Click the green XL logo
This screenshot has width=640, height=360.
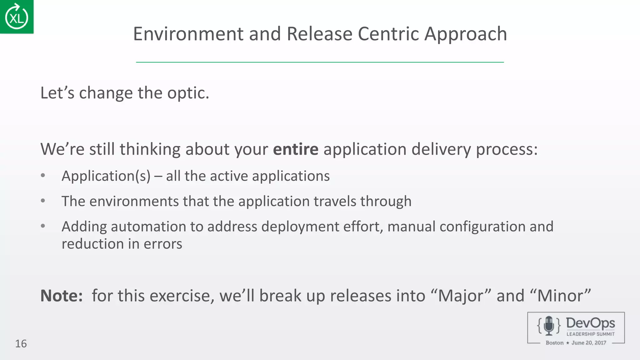coord(17,17)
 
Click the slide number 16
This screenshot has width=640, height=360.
coord(21,344)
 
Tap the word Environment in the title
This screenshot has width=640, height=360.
coord(188,34)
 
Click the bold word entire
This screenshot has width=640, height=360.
coord(295,149)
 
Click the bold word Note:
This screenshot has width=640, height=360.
coord(62,296)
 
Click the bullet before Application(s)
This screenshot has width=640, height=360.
coord(43,176)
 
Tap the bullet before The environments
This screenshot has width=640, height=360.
coord(43,201)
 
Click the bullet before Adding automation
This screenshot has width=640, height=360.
coord(43,226)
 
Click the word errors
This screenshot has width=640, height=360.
coord(162,244)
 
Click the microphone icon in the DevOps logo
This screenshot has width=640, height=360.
coord(549,326)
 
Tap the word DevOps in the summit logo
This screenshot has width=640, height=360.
coord(590,323)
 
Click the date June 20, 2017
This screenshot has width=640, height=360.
coord(589,343)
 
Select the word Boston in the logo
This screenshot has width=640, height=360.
coord(554,343)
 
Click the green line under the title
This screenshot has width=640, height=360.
coord(320,62)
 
